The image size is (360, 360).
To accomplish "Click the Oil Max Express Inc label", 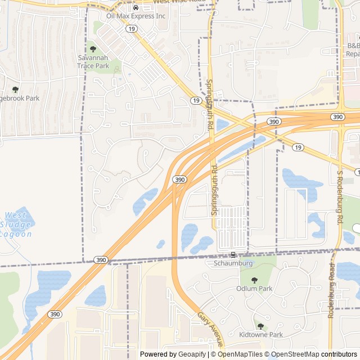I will [136, 16].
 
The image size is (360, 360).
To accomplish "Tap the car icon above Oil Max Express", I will [136, 8].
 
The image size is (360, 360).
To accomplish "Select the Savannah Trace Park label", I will [93, 62].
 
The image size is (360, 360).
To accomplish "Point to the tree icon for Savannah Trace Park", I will [93, 50].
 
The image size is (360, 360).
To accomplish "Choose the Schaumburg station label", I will [233, 263].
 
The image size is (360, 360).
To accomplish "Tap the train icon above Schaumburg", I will [233, 255].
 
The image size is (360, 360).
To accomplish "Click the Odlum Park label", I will [254, 288].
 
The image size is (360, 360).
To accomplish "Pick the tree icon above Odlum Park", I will [254, 280].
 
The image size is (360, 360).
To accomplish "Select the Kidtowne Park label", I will [260, 335].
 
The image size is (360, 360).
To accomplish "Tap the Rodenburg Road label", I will [331, 296].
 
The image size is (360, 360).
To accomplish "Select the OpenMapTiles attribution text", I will [240, 354].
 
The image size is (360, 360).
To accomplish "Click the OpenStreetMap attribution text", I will [298, 354].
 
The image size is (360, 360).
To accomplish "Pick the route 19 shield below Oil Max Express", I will [131, 28].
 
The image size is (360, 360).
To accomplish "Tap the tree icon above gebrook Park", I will [15, 89].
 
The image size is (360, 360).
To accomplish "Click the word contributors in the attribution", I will [339, 354].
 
